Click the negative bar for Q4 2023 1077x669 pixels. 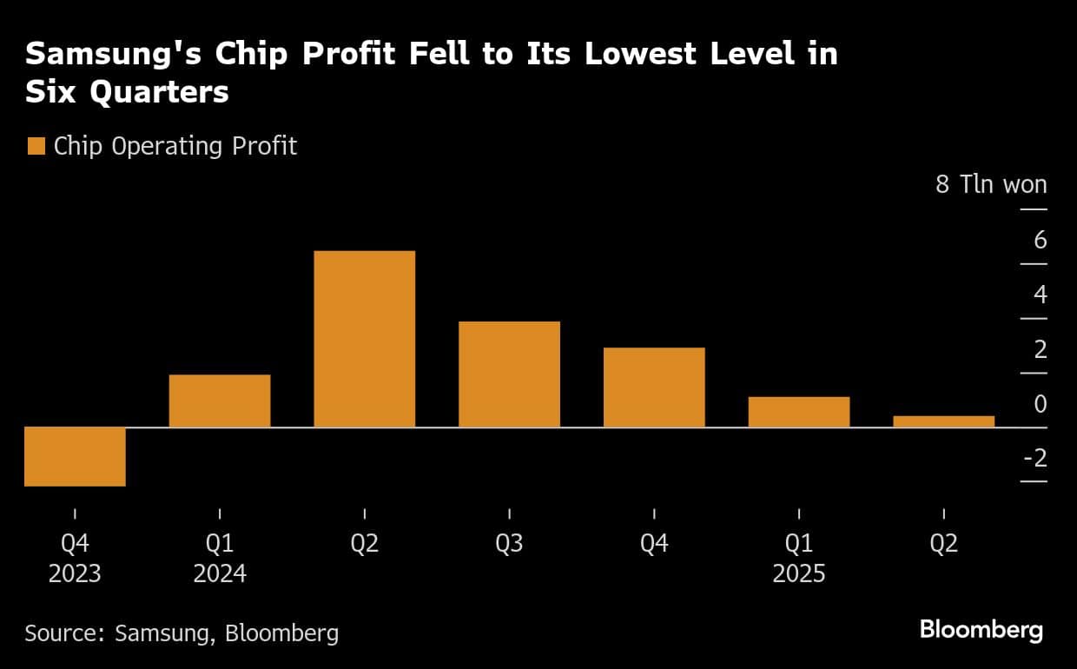click(76, 456)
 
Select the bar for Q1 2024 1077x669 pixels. click(220, 401)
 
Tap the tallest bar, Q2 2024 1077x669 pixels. click(365, 339)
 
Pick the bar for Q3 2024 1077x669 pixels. click(509, 374)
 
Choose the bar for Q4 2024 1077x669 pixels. click(654, 387)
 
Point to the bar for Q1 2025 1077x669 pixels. click(799, 412)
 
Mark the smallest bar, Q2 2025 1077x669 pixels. click(943, 421)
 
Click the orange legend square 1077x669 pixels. click(36, 147)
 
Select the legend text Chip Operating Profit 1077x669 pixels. click(175, 146)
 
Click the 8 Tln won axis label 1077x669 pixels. click(991, 185)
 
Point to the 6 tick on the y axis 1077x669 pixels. click(1040, 241)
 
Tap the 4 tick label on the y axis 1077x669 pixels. click(1040, 295)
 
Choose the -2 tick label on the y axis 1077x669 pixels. click(1034, 459)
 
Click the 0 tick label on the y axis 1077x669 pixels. click(1040, 404)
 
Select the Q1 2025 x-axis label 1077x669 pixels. click(799, 559)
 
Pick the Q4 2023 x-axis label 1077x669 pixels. click(76, 559)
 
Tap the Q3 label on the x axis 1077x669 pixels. click(509, 544)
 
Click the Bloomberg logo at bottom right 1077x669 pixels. click(981, 631)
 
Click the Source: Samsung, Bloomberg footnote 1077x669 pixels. click(182, 633)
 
